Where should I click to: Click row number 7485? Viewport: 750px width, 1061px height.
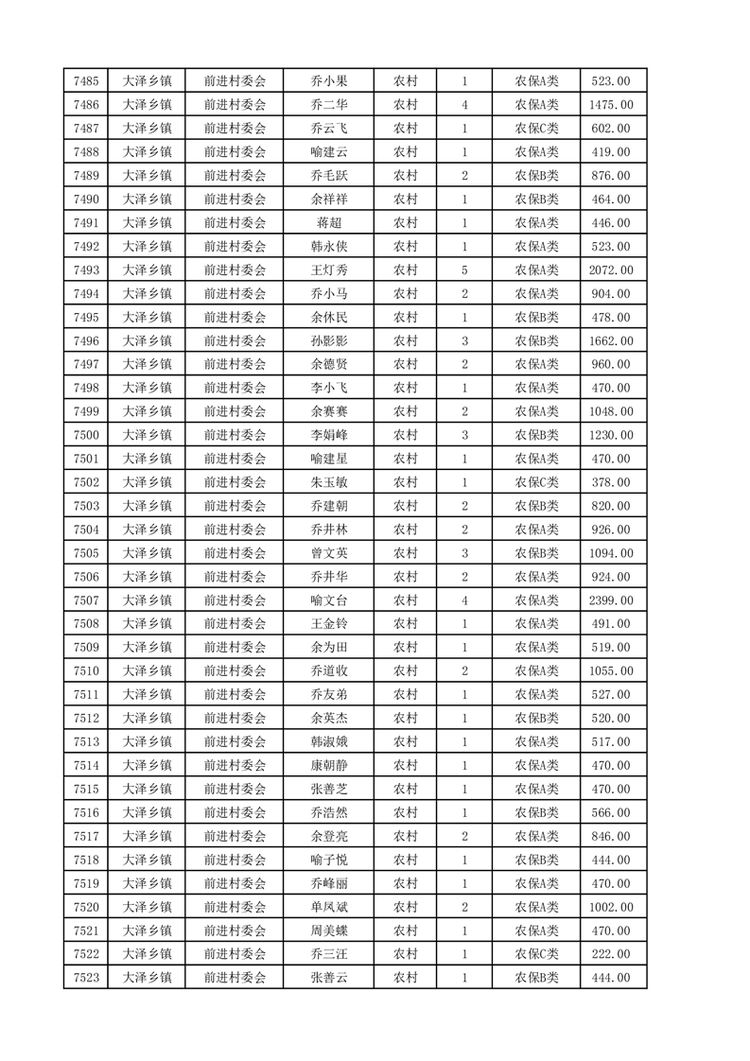pos(85,81)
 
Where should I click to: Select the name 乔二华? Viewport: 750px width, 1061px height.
pos(328,105)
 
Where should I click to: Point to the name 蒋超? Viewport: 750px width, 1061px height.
pos(328,223)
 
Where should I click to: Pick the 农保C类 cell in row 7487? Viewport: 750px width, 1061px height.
pos(536,129)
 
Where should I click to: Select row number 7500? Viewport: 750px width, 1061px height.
pos(85,435)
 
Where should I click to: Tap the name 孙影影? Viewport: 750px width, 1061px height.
pos(328,341)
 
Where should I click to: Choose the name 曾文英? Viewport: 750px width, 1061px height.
pos(328,553)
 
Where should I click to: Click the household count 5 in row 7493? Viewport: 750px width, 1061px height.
pos(464,270)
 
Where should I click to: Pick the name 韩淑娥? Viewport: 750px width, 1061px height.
pos(328,742)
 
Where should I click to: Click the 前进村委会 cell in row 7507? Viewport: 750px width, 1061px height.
pos(235,600)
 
